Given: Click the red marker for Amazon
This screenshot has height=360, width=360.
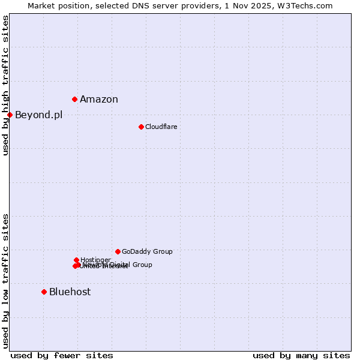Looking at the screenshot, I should click(x=74, y=99).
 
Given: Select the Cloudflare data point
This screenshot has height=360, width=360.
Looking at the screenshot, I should click(x=141, y=127).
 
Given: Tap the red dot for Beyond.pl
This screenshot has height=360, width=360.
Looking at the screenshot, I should click(x=10, y=115).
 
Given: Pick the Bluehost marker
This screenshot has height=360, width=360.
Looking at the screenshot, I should click(x=44, y=292).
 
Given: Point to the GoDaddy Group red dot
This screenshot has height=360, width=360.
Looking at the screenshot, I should click(x=118, y=251).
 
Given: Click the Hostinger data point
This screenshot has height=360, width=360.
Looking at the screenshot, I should click(x=76, y=260).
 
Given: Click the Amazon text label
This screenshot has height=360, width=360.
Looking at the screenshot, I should click(x=99, y=100).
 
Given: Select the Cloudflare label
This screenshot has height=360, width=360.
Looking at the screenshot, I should click(x=161, y=127).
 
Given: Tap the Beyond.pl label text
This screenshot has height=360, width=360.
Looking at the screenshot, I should click(x=38, y=115).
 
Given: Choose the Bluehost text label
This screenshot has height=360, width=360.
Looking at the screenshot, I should click(x=70, y=292).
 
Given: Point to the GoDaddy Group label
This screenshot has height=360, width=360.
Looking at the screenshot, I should click(x=147, y=252).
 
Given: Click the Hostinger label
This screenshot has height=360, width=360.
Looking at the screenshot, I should click(x=95, y=260).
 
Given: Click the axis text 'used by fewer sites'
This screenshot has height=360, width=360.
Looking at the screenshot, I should click(x=62, y=356).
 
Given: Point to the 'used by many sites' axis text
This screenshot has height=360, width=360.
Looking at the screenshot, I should click(x=301, y=356).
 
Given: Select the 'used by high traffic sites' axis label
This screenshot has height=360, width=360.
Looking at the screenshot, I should click(x=5, y=85).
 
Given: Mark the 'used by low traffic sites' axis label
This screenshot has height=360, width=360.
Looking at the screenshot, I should click(x=5, y=280).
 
